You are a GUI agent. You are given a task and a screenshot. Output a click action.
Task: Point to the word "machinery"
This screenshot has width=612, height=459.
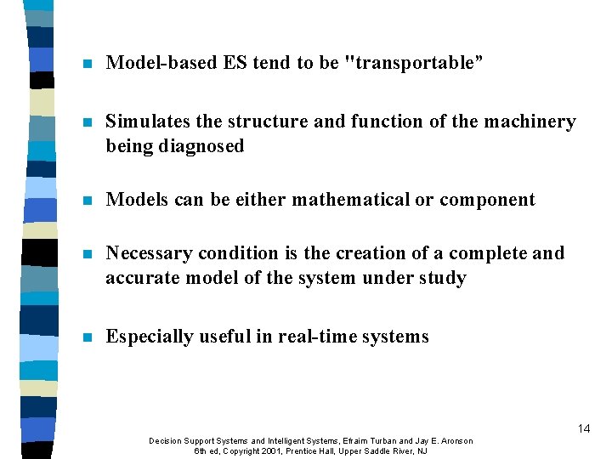coord(530,122)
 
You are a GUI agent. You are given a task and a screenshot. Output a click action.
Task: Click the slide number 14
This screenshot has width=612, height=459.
coord(583,428)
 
